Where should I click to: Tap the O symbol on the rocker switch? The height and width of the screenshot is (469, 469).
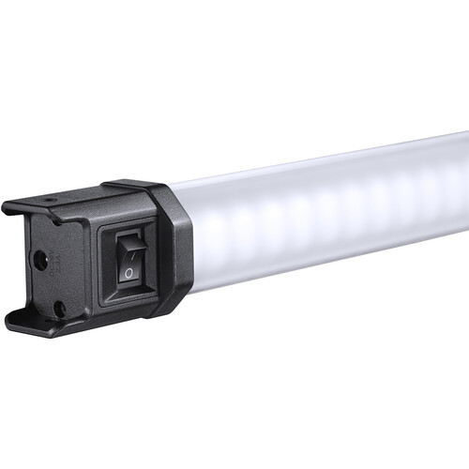coord(129,274)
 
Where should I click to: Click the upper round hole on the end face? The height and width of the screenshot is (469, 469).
coord(41,260)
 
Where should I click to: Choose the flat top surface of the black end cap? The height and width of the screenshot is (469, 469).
coord(103,197)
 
